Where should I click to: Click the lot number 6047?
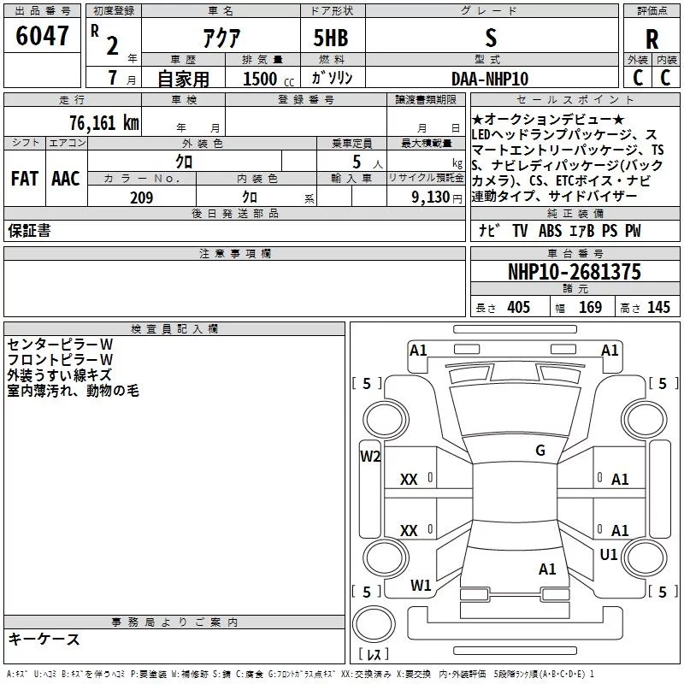pyautogui.click(x=42, y=36)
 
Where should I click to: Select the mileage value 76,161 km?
pyautogui.click(x=104, y=123)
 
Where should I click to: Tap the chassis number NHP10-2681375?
pyautogui.click(x=575, y=272)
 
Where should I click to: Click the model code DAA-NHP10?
pyautogui.click(x=490, y=79)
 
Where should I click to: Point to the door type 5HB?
pyautogui.click(x=331, y=38)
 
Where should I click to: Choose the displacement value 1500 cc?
pyautogui.click(x=268, y=79)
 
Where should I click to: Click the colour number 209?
pyautogui.click(x=142, y=198)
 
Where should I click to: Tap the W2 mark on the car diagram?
pyautogui.click(x=370, y=457)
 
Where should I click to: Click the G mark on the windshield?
pyautogui.click(x=540, y=451)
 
